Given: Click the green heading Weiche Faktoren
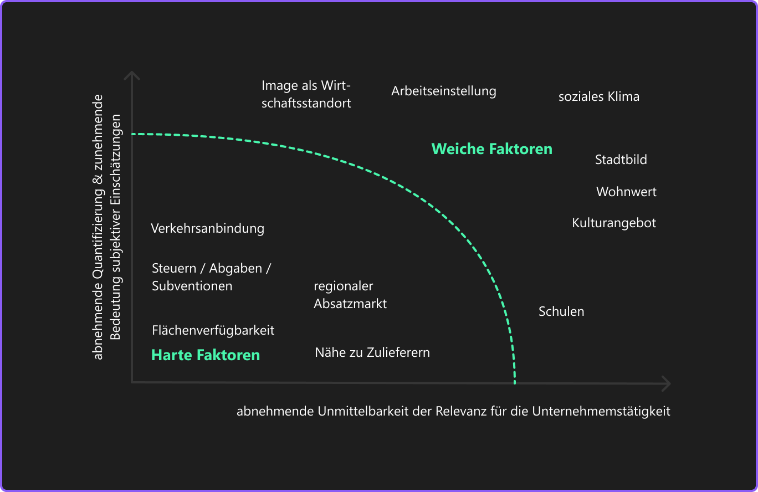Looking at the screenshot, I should pos(491,149).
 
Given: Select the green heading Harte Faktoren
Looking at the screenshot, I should pos(206,355).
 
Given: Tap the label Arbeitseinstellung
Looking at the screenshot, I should pos(443,91).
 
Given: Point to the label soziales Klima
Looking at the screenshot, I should pos(598,97).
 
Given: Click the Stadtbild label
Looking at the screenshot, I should pos(621,160).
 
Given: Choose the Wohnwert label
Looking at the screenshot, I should pos(626,192).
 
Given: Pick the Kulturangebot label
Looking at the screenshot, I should pos(614,223).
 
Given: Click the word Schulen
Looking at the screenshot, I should pos(561,311).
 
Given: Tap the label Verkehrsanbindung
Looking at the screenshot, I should pos(207,228).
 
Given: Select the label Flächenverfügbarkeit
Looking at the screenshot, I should pos(213,331).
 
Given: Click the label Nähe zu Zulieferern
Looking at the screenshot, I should pos(372,352).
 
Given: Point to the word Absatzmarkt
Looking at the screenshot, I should pos(350,304).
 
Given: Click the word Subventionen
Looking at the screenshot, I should pos(192,286).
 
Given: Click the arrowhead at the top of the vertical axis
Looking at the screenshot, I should pos(131,75).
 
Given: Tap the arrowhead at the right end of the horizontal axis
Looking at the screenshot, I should pos(666,383).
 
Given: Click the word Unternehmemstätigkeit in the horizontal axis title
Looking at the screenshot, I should pos(601,412).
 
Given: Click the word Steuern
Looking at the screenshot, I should pos(174,269).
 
